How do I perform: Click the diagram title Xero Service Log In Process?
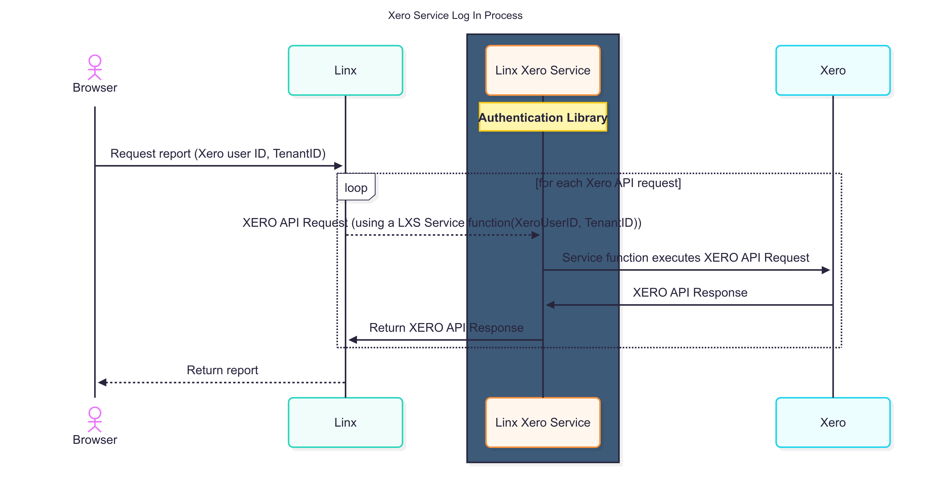click(455, 16)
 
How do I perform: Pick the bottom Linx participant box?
click(345, 422)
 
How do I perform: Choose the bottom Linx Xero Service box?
click(542, 422)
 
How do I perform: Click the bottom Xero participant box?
click(833, 422)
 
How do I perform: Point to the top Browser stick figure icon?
click(95, 67)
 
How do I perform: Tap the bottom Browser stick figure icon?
click(95, 419)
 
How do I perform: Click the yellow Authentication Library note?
click(542, 117)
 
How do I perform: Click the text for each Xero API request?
click(608, 183)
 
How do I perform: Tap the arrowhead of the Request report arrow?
click(338, 166)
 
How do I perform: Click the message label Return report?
click(222, 370)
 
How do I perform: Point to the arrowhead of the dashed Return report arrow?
click(102, 382)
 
